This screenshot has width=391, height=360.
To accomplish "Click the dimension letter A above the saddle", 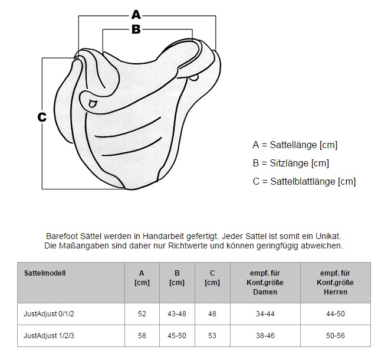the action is [x=136, y=15].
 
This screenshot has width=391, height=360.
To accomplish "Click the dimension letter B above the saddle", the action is [x=136, y=29].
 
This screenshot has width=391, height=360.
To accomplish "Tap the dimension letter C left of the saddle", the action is [x=42, y=117].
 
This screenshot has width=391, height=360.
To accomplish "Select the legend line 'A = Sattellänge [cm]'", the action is [x=295, y=145].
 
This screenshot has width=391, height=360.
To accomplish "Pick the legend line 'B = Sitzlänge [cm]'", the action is [x=291, y=163].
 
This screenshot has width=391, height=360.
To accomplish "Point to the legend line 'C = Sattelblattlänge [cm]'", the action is [x=304, y=181].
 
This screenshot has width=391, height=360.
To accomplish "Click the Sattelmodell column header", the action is [x=45, y=273].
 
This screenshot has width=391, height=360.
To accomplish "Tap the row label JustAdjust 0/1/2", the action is [x=49, y=313].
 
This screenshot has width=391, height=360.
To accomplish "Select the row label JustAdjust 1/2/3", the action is [x=49, y=336].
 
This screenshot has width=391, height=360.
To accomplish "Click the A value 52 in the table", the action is [x=142, y=314].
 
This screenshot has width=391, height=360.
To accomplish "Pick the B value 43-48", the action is [x=177, y=314].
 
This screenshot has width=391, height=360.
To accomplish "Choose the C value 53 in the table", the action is [x=212, y=336].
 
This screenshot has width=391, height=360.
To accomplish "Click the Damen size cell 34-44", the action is [x=265, y=314].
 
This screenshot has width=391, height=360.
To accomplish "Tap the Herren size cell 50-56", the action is [x=336, y=336].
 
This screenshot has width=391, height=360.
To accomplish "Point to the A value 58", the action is [x=142, y=336].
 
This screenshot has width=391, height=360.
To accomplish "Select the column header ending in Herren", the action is [x=336, y=283].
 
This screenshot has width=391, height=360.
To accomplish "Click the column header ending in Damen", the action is [x=265, y=283].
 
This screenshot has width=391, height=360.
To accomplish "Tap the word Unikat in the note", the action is [x=328, y=236].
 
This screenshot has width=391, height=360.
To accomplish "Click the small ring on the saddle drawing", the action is [x=92, y=104].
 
